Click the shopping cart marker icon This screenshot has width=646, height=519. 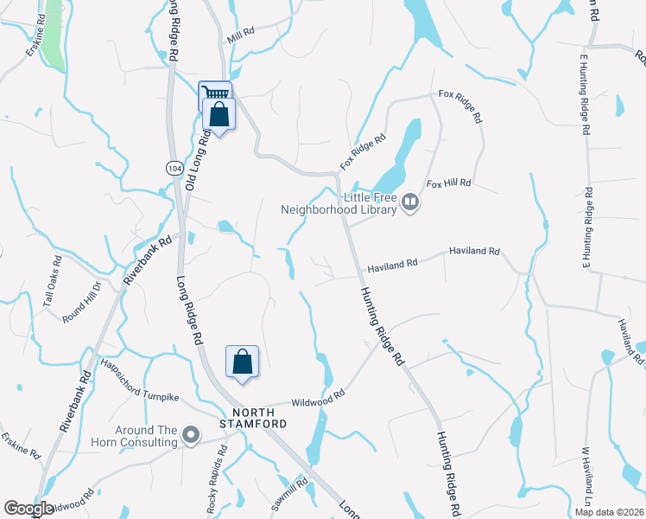[215, 93]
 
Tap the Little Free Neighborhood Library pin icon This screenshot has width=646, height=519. [409, 204]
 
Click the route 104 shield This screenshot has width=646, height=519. [175, 167]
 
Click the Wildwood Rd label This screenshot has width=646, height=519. [318, 395]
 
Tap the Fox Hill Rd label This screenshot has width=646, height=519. [448, 183]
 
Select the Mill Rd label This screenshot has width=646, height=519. [240, 35]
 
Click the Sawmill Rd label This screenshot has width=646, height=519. [301, 493]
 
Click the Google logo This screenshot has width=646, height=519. [28, 509]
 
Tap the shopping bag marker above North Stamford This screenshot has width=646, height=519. [243, 362]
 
